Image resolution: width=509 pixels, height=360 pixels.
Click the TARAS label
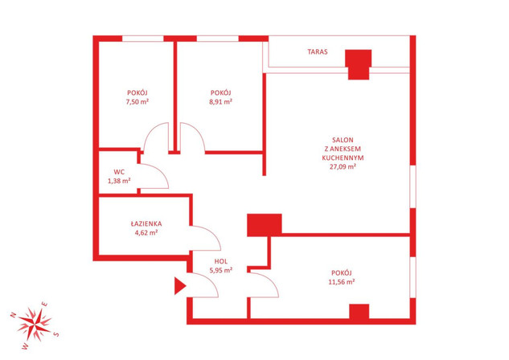318,51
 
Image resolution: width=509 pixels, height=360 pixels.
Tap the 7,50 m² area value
138,101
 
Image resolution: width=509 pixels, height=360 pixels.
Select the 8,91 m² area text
221,101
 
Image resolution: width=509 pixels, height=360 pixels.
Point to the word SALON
343,140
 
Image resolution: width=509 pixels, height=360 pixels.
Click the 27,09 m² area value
343,166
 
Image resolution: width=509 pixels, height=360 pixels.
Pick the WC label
119,172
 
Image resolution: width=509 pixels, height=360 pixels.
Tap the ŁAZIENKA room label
146,223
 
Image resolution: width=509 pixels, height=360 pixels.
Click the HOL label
221,261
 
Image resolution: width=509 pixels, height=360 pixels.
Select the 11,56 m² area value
342,281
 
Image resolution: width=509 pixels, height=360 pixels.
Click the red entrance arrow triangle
179,286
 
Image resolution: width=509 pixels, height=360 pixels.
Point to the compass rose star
34,325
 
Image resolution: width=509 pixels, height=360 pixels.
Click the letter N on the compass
13,314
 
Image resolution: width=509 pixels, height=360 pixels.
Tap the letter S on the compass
56,333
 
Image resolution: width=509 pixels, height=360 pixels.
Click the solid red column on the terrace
359,64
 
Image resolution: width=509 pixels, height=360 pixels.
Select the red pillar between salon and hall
265,225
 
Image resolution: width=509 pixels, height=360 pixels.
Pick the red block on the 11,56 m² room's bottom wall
359,312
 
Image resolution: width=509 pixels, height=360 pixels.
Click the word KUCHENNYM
343,158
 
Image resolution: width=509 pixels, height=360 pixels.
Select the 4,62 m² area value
146,232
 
